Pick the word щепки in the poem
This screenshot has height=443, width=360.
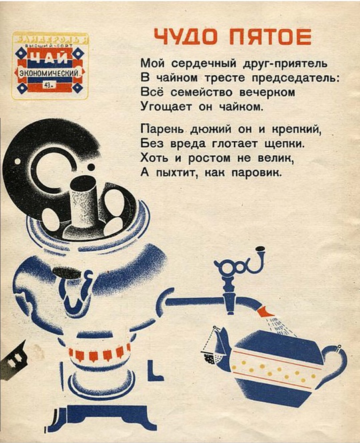tap(281, 143)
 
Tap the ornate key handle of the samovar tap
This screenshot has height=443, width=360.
tap(237, 266)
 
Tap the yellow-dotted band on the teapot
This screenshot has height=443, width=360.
tap(273, 370)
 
